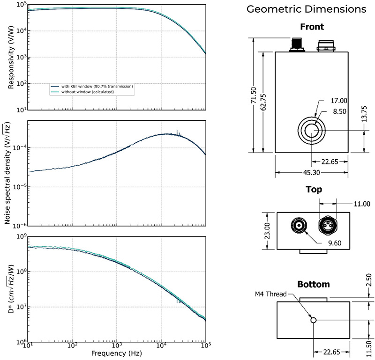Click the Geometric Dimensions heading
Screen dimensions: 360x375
click(x=313, y=8)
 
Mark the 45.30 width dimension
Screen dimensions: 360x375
click(x=311, y=173)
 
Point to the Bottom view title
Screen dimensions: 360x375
click(x=313, y=284)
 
